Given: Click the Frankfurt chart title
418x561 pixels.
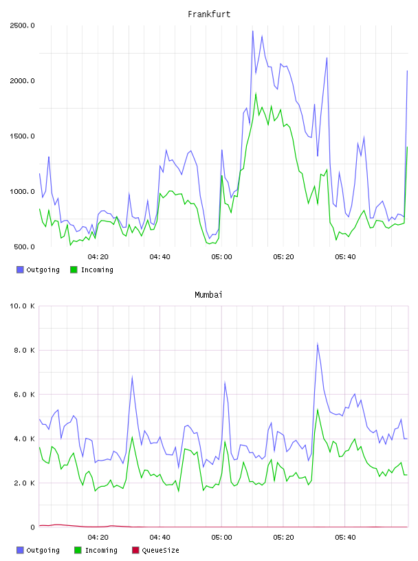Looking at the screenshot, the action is coord(209,14).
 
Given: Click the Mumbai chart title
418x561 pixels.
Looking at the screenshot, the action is coord(208,295).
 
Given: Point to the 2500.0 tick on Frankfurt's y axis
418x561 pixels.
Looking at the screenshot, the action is coord(22,25).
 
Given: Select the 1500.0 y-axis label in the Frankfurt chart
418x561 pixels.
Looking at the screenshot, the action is coord(22,136).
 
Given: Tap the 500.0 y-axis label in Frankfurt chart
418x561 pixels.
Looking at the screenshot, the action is coord(24,247).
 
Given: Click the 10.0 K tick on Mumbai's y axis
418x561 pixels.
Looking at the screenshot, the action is coord(22,306).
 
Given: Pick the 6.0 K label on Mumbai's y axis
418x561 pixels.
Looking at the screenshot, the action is coord(24,394).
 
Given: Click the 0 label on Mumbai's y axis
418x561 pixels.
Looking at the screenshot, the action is coord(32,527).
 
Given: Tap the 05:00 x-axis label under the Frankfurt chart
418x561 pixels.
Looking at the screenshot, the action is coord(221,257).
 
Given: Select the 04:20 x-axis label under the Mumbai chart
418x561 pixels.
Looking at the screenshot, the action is coord(98,538).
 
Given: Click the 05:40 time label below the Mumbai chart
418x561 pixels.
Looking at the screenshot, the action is coord(345,538).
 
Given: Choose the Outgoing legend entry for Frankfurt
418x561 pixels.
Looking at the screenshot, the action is coord(38,269).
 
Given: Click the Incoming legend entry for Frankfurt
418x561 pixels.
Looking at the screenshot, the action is coord(91,269).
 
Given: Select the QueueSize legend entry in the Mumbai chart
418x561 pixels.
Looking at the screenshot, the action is coord(155,550).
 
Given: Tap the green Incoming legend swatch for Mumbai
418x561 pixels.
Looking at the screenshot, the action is coord(78,550).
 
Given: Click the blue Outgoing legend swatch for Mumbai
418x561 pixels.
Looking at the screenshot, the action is coord(20,550).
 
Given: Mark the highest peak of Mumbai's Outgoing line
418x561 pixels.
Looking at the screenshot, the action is coord(318,344).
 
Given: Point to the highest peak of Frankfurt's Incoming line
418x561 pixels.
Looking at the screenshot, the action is coord(256,93).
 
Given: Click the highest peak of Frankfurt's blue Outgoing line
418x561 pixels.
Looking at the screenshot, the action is coord(253,31).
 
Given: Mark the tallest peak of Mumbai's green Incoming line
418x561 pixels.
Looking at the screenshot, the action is coord(318,409).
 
